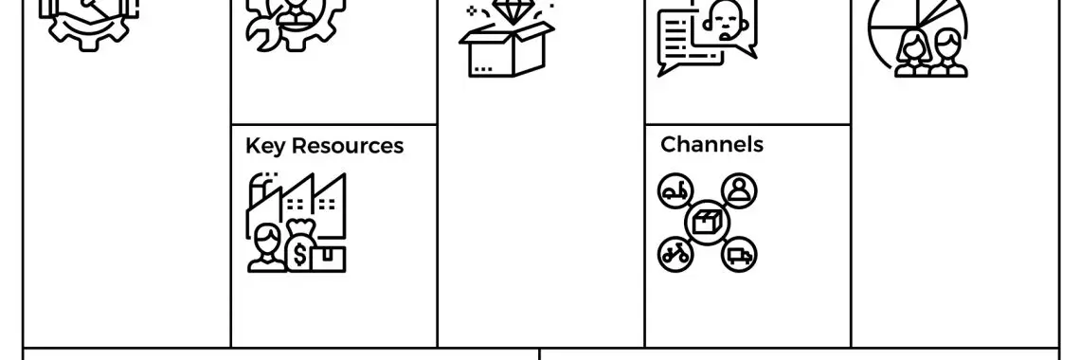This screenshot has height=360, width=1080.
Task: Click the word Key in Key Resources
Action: point(264,146)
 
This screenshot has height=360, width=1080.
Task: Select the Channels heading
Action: point(711,144)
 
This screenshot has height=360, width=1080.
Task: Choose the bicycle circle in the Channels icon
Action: point(675,253)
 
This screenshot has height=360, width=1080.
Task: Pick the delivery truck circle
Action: point(739,253)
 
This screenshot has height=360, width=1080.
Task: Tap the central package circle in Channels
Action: point(707,223)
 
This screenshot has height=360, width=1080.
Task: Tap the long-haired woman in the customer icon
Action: point(915,53)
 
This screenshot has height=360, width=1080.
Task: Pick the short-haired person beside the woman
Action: point(949,53)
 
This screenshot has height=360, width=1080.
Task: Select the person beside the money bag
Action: point(264,248)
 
